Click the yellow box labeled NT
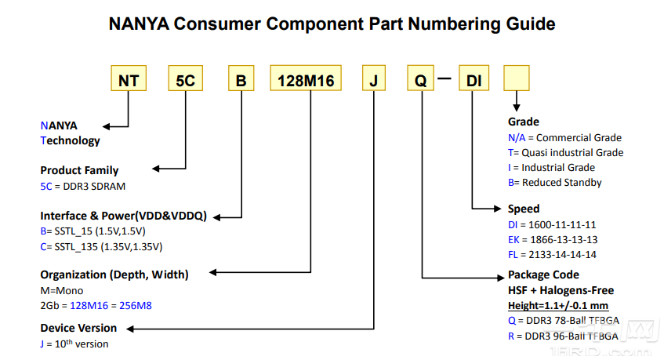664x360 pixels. tap(129, 78)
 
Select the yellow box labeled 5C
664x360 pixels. tap(186, 78)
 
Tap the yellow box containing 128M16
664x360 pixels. tap(306, 78)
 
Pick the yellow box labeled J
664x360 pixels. tap(374, 78)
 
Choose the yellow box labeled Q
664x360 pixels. tap(420, 78)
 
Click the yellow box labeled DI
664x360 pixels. tap(474, 78)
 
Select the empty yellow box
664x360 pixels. tap(516, 78)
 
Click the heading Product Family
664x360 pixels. tap(79, 170)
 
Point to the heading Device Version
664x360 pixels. tap(78, 328)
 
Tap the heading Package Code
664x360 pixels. tap(543, 275)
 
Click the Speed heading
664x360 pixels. tap(524, 209)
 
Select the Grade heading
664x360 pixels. tap(524, 122)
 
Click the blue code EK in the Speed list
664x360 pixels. tap(513, 240)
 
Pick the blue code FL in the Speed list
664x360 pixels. tap(513, 255)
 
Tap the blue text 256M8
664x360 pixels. tap(136, 305)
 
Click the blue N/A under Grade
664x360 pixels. tap(517, 138)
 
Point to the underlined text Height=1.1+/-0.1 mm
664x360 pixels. tap(558, 305)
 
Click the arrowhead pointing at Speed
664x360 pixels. tap(498, 209)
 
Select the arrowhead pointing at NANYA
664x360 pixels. tap(107, 126)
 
